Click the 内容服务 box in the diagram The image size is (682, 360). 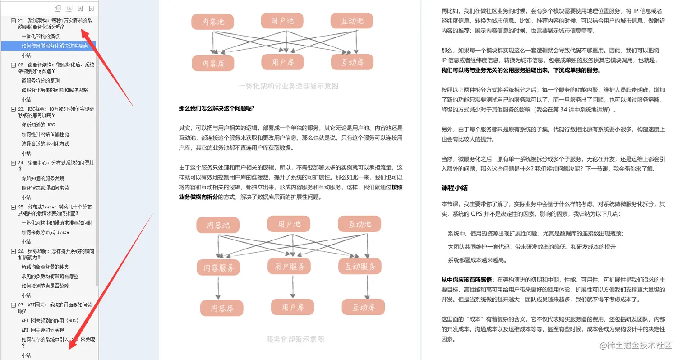coord(218,268)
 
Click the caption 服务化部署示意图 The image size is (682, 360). coord(295,339)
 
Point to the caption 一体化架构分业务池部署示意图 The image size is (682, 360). coord(288,86)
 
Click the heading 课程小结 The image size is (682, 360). coord(455,188)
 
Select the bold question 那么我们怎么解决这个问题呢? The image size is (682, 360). coord(217,108)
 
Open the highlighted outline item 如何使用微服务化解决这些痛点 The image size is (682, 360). coord(55,46)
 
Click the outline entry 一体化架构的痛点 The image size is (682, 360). coord(41,36)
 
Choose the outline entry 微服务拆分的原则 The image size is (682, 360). coord(41,81)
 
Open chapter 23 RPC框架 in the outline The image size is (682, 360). coord(56,112)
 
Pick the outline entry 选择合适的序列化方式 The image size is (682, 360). coord(45,144)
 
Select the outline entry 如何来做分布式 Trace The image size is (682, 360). coord(45,232)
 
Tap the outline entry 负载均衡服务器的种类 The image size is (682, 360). coord(45,267)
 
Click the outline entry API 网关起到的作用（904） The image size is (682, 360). coord(50,321)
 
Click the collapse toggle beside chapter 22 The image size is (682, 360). coord(14,65)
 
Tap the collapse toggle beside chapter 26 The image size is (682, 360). coord(14,251)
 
